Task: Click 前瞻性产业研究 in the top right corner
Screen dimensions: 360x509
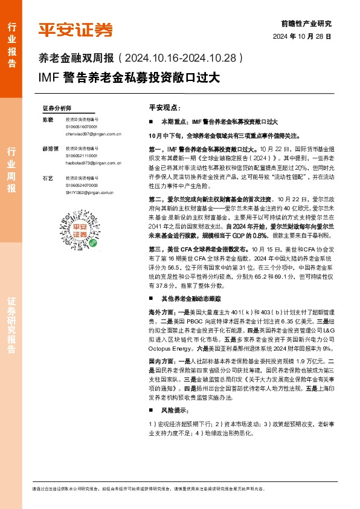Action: tap(307, 24)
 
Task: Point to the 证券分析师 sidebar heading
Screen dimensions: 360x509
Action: tap(57, 108)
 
